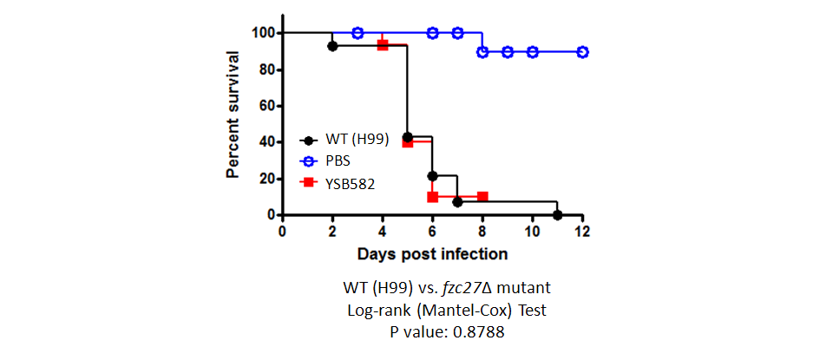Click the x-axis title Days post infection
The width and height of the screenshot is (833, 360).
432,254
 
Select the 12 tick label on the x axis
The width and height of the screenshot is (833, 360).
582,232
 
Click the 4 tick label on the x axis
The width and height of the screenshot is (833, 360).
383,232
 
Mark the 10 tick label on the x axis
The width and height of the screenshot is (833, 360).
533,232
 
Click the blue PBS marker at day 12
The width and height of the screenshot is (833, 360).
583,52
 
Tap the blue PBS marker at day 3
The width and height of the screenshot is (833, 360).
357,33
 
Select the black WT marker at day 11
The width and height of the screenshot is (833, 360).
558,214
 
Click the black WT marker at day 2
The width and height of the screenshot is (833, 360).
332,45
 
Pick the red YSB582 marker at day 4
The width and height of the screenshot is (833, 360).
383,45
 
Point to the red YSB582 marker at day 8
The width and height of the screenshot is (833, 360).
482,197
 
